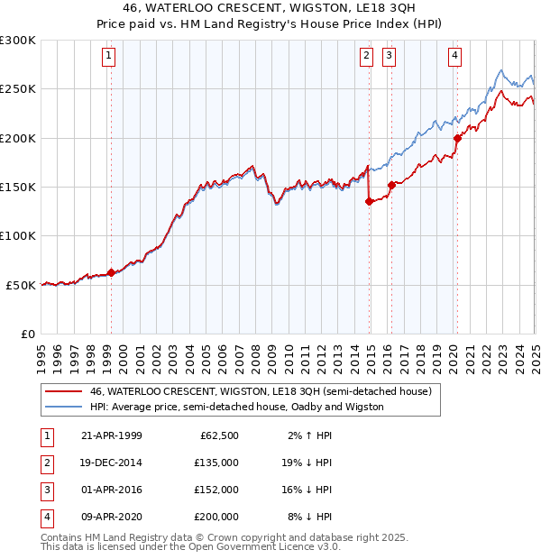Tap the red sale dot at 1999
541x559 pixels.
111,272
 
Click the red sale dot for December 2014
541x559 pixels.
369,201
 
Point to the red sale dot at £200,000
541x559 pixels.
457,138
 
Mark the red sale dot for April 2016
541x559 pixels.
391,185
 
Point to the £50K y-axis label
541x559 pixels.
21,285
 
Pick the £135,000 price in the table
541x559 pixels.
216,463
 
